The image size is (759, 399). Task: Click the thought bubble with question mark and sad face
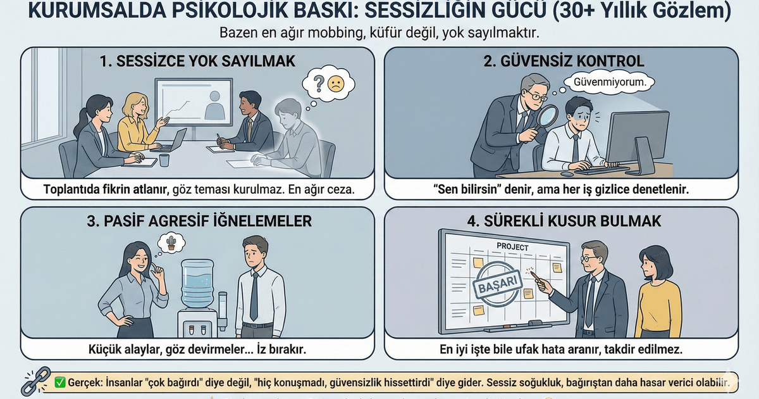pos(328,83)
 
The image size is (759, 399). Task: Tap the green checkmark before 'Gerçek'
pos(61,382)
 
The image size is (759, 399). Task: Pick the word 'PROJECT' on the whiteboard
pos(512,246)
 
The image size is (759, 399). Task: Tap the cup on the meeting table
pos(164,160)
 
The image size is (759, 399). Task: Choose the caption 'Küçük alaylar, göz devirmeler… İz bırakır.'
pos(197,349)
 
